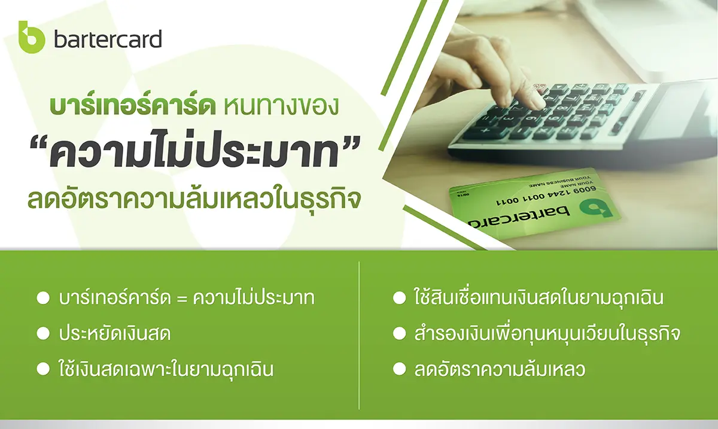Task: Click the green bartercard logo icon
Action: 31,37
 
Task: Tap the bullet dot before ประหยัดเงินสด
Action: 43,333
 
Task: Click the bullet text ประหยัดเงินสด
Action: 114,333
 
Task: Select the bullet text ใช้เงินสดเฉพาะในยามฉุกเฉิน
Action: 166,368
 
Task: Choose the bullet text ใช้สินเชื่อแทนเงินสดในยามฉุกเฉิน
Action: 538,297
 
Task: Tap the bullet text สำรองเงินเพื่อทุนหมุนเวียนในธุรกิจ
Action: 547,334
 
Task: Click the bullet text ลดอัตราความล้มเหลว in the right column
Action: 500,368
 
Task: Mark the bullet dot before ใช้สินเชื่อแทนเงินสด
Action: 400,298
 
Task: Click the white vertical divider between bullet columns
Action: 359,336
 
